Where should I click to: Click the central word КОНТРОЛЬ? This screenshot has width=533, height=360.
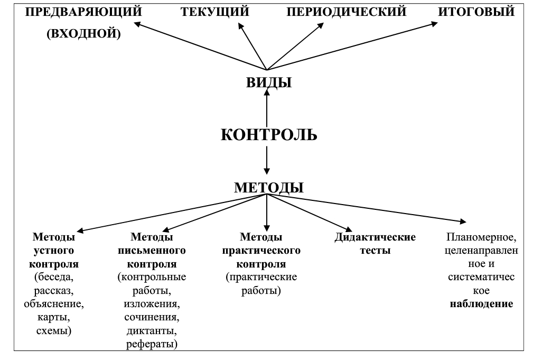(x=269, y=135)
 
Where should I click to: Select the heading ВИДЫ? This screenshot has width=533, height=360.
(x=269, y=82)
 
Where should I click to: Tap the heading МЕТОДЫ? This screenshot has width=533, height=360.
(x=268, y=188)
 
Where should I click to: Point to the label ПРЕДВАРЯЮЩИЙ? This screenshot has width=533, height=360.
(x=83, y=12)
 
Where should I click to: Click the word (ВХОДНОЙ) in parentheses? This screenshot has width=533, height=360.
(x=83, y=33)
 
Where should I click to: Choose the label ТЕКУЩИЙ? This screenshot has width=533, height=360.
(x=215, y=12)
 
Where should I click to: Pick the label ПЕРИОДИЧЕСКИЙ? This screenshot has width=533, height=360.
(x=347, y=12)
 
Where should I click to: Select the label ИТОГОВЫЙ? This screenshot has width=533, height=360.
(x=476, y=12)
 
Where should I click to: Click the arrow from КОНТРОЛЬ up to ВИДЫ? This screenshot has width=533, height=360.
(x=267, y=107)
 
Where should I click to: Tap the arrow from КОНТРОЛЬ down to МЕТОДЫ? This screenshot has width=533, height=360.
(x=267, y=160)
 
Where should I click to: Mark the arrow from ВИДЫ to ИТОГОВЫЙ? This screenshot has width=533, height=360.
(x=352, y=47)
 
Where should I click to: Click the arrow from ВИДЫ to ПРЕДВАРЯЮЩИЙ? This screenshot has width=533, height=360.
(x=200, y=47)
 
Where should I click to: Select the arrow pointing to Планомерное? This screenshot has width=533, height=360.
(x=367, y=208)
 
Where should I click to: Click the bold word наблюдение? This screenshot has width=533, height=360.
(x=481, y=303)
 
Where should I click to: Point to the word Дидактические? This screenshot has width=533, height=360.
(x=375, y=237)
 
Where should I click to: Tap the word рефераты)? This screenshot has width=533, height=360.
(x=152, y=344)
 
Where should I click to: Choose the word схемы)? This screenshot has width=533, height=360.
(x=54, y=330)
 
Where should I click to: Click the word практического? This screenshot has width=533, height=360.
(x=261, y=251)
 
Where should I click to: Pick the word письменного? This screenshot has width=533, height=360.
(x=152, y=251)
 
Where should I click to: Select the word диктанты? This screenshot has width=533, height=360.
(x=152, y=330)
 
